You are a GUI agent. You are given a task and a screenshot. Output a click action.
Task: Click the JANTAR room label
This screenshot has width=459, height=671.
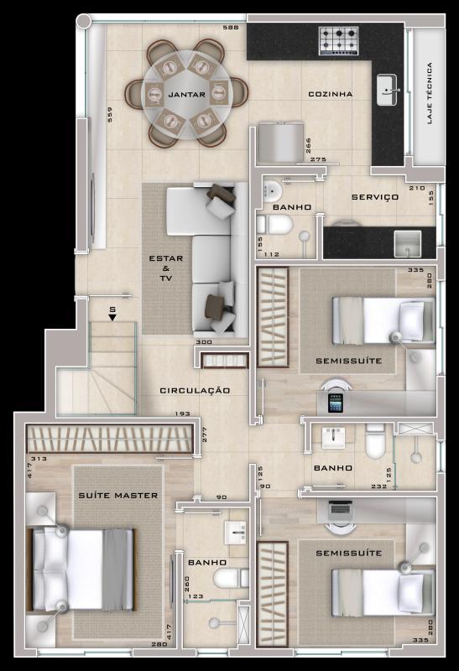[x=186, y=95]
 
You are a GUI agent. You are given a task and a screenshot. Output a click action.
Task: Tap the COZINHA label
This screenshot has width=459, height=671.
[x=330, y=94]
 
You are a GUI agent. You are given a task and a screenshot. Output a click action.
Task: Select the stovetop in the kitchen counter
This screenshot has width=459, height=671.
[x=338, y=39]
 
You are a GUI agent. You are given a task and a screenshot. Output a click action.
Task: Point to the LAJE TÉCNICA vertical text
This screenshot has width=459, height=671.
[x=429, y=93]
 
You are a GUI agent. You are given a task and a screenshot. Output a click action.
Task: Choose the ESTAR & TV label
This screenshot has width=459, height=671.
[x=166, y=268]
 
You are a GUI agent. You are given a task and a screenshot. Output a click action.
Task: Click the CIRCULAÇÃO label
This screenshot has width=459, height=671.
[x=195, y=390]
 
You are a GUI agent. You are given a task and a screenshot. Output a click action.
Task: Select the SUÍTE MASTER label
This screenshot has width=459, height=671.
[x=118, y=496]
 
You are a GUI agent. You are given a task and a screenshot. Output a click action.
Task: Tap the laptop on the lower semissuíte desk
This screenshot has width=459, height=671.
[x=341, y=507]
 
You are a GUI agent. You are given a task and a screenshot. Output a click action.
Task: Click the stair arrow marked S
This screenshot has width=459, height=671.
[x=112, y=314]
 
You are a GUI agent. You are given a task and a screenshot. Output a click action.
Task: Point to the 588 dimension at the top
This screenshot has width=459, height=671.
[x=230, y=29]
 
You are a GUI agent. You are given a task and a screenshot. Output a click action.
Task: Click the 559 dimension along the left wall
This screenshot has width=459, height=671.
[x=109, y=115]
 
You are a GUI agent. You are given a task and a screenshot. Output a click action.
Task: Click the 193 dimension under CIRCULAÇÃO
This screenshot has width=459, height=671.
[x=182, y=414]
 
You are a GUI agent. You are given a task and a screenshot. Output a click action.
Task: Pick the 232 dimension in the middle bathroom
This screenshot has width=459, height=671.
[x=379, y=486]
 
